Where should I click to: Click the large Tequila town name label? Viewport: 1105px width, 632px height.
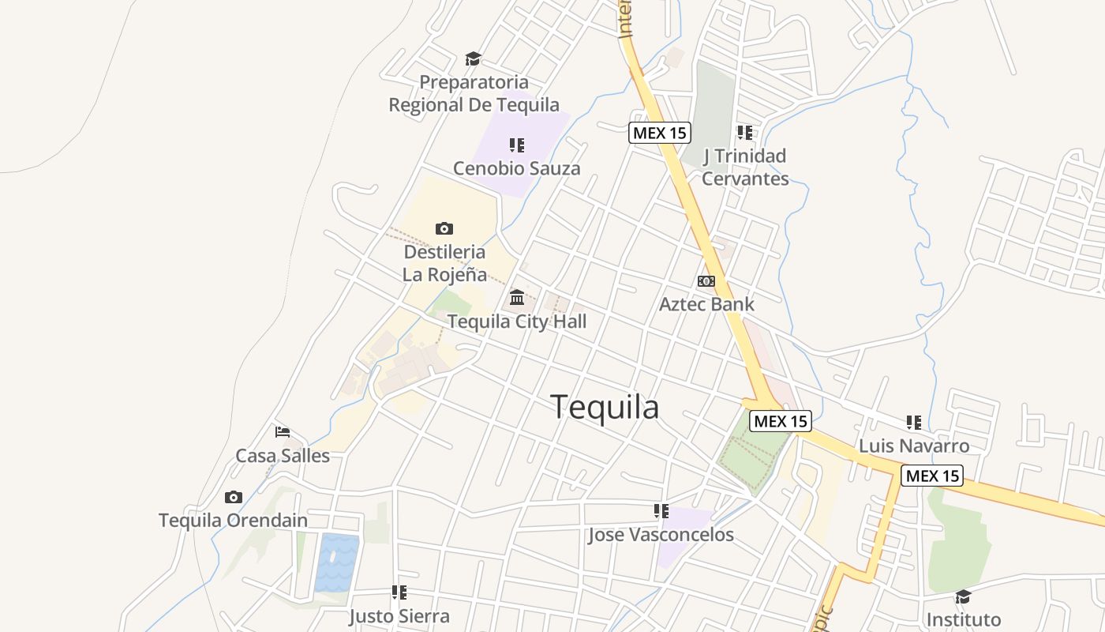(605, 408)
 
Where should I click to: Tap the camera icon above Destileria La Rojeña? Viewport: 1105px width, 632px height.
(444, 229)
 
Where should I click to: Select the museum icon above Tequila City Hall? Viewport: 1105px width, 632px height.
(517, 297)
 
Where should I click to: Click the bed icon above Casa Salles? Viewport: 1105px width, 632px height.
(283, 432)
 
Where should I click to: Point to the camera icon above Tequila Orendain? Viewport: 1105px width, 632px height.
(233, 497)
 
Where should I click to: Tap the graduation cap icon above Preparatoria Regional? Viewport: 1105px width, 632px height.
(473, 58)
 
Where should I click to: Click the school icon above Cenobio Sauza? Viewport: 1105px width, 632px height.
(516, 145)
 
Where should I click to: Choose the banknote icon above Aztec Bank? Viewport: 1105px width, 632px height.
(706, 281)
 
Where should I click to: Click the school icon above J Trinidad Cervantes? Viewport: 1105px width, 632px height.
(744, 132)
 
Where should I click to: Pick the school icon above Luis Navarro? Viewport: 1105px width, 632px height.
(913, 423)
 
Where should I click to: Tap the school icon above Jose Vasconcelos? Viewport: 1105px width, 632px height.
(661, 511)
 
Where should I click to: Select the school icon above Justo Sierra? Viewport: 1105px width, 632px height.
(399, 592)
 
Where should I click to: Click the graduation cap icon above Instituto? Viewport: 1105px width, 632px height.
(962, 596)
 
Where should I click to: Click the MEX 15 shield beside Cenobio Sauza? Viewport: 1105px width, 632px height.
(660, 133)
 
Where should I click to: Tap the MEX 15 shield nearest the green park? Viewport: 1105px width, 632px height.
(780, 421)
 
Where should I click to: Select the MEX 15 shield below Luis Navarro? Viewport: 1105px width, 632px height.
(932, 476)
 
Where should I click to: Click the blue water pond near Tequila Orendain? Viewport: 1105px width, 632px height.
(336, 562)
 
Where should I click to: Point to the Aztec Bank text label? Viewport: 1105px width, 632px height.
(706, 304)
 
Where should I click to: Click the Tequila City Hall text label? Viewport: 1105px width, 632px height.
(517, 322)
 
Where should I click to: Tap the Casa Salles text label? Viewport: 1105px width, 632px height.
(283, 456)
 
